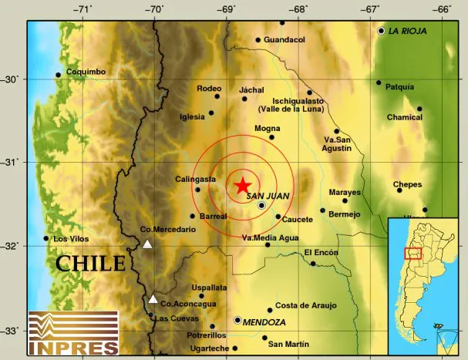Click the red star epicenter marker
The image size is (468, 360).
coord(242,185)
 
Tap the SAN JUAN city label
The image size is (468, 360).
coord(268,196)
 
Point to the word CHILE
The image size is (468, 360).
coord(90,264)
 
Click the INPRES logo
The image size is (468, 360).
coord(73,333)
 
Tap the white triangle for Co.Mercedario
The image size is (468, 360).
coord(147,244)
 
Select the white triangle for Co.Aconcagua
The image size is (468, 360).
coord(153,299)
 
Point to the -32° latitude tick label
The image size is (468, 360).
coord(12,246)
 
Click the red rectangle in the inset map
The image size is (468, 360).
coord(413,254)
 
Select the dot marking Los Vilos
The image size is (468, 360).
coord(46,238)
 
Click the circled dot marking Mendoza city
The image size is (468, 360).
coord(237,319)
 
